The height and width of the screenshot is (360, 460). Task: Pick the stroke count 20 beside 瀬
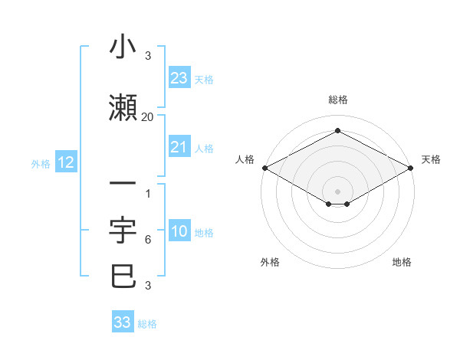pos(148,116)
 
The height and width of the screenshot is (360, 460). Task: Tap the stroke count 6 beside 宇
pos(148,240)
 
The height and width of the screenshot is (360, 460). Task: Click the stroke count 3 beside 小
pos(148,56)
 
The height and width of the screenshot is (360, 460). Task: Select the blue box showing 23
pos(179,78)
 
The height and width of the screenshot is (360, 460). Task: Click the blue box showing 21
pos(179,147)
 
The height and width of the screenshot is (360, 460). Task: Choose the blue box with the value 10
pos(179,231)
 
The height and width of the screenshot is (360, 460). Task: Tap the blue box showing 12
pos(65,162)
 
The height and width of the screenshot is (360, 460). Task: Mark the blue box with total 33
pos(123,322)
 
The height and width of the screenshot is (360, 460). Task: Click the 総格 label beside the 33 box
pos(147,324)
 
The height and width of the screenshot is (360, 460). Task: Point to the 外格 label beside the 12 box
pos(41,163)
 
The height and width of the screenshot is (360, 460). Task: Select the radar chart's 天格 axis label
pos(432,159)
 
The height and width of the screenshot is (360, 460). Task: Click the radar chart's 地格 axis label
pos(402,262)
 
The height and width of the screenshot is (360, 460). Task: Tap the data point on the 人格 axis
pos(264,168)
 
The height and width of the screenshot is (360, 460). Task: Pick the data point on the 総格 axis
pos(337,131)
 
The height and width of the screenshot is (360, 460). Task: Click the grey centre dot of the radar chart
pos(337,191)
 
